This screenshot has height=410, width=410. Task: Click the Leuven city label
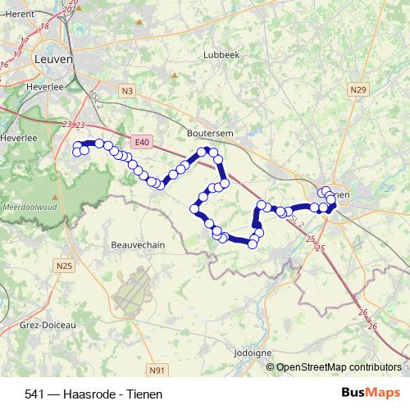point(54,60)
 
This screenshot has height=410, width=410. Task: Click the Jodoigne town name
point(253,353)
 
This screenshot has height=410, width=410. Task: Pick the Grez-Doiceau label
point(48,326)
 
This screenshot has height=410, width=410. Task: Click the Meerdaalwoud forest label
point(24,208)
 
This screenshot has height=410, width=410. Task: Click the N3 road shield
point(125,91)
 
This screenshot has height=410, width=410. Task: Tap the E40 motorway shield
point(142,142)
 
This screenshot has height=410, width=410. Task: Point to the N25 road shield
point(65,265)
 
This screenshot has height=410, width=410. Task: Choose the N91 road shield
point(158,371)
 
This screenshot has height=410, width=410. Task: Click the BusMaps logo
point(371,393)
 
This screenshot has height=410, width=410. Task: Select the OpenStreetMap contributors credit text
point(339,367)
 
